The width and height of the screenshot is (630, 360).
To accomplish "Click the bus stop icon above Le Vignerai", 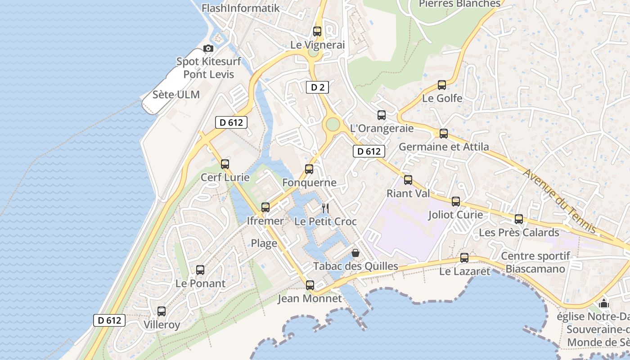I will pos(317,31).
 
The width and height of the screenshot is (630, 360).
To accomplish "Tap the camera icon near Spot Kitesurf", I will pos(208,48).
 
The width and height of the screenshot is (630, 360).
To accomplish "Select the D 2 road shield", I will pos(317,87).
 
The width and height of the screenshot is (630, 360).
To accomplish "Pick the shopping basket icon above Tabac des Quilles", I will pos(355,253).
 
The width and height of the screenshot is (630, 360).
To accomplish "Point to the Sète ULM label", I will pos(176,94).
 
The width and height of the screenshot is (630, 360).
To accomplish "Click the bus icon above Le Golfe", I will pos(442,85).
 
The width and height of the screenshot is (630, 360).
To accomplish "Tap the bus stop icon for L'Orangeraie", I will pos(382,115).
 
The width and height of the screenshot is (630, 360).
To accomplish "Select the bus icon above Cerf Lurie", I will pos(225,164).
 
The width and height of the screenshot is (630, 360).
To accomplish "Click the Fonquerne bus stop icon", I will pos(309,169).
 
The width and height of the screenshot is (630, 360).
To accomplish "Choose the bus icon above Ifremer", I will pos(265,207).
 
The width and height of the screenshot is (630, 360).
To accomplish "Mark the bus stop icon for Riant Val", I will pos(408,180).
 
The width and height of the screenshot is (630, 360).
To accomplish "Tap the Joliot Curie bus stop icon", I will pos(456,201).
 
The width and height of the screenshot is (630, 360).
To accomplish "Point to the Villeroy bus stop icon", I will pos(162,311).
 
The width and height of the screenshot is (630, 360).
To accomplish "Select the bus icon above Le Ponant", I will pos(200,270).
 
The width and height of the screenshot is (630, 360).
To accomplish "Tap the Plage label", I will pos(264,243).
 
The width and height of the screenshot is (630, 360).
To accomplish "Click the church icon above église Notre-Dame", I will pos(604,304).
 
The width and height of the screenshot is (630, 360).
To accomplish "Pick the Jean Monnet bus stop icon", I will pos(310,285).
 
